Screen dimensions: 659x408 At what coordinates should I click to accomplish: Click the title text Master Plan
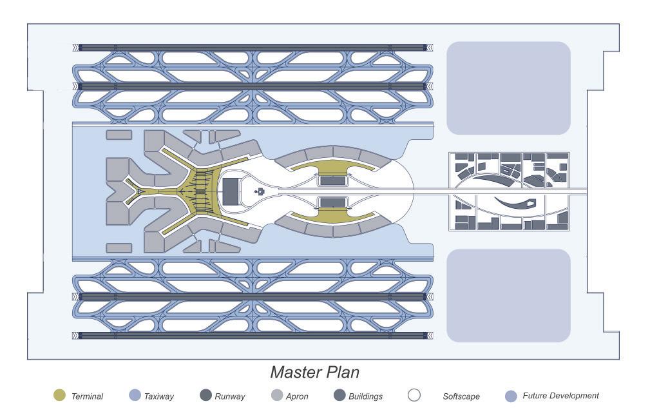click(314, 373)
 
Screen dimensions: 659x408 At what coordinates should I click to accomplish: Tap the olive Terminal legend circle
click(59, 396)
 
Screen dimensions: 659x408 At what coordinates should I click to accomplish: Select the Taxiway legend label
click(159, 396)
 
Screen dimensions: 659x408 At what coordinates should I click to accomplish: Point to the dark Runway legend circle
click(206, 396)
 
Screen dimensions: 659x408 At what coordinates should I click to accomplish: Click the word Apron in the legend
click(297, 396)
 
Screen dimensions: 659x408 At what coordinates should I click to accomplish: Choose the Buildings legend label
click(365, 396)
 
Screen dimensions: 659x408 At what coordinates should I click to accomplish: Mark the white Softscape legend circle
click(415, 396)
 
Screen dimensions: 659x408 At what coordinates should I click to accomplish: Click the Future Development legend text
click(560, 396)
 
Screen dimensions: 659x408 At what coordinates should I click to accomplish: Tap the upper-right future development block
click(508, 88)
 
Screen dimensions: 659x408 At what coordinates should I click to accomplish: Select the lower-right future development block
click(508, 295)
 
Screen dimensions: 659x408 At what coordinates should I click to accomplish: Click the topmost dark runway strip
click(251, 47)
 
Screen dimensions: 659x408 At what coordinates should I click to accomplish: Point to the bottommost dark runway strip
click(251, 335)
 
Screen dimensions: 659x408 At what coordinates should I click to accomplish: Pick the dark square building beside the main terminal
click(230, 190)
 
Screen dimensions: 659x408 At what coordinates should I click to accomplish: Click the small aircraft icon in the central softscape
click(261, 191)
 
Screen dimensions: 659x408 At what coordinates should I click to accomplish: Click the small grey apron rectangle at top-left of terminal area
click(119, 135)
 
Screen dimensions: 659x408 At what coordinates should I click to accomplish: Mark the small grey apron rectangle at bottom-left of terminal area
click(119, 248)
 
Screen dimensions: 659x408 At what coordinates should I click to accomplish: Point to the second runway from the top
click(251, 86)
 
